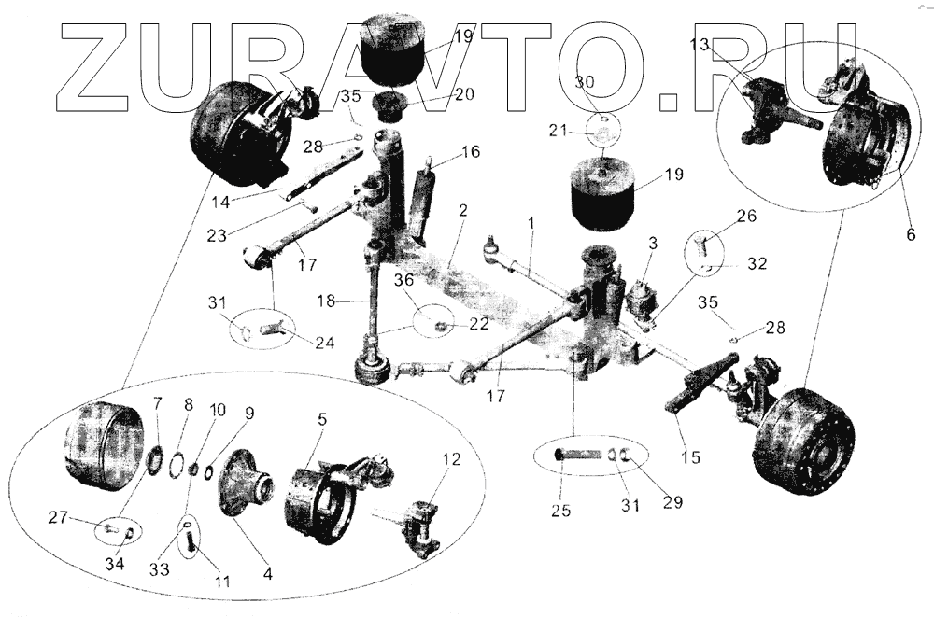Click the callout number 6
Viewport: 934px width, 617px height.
(911, 235)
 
